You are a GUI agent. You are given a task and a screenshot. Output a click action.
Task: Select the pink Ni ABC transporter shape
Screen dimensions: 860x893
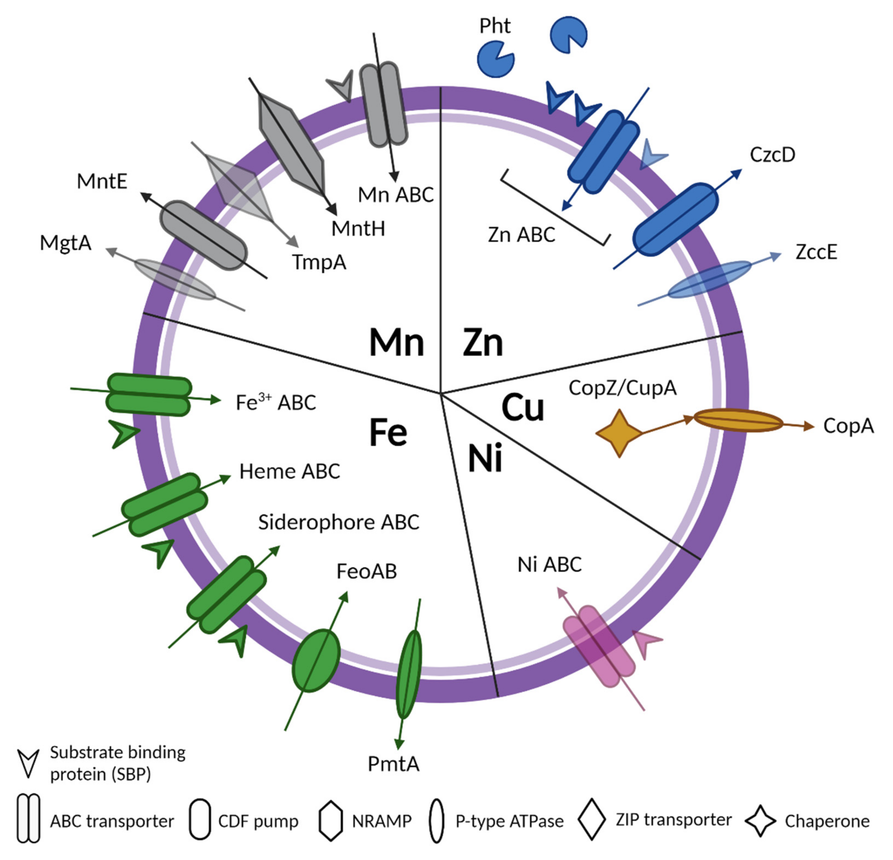[599, 646]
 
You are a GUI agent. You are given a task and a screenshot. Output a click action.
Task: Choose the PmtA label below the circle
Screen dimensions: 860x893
[393, 764]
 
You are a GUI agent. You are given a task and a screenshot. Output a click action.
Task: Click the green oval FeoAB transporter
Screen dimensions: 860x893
[316, 661]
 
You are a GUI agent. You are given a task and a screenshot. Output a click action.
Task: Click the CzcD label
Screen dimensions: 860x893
[773, 155]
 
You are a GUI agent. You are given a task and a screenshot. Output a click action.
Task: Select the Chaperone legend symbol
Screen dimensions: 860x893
[760, 821]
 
